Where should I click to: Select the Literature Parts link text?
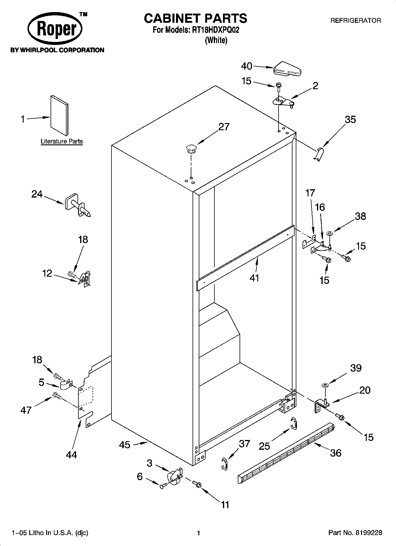pos(62,141)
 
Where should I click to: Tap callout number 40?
pos(247,66)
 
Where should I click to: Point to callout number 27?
pos(224,127)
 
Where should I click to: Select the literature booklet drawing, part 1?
pos(59,115)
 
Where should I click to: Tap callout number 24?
pos(37,194)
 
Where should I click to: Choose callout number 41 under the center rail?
pos(254,278)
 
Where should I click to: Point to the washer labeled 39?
pos(324,385)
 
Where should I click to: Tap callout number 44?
pos(72,455)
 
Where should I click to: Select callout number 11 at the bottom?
pos(225,505)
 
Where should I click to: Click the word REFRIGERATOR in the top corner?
pos(355,21)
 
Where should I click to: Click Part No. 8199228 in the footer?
pos(355,533)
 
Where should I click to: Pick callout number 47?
pos(26,410)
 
